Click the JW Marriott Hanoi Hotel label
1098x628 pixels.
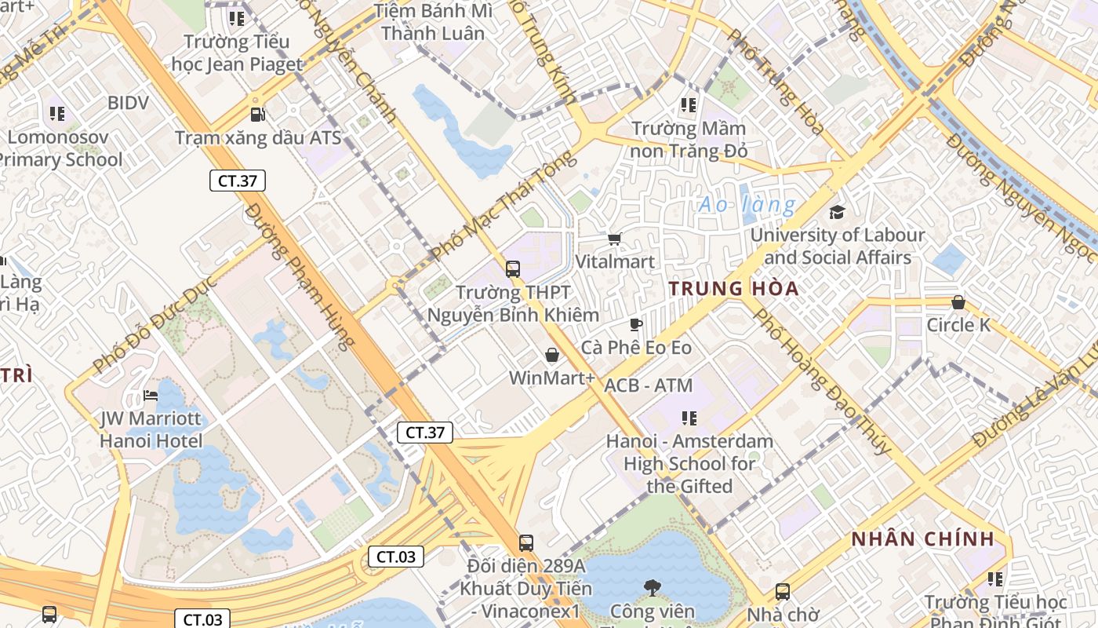click(151, 429)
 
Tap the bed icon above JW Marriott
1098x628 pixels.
click(151, 395)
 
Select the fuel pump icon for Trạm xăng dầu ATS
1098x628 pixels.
click(257, 115)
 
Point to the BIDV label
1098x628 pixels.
click(128, 103)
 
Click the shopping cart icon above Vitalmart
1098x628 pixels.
click(615, 239)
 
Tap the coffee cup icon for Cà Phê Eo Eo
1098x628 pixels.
click(636, 324)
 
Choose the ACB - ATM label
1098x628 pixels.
click(648, 385)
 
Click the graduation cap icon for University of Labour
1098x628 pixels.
click(837, 212)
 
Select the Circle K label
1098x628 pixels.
click(958, 325)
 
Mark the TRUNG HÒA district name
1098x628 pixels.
click(734, 288)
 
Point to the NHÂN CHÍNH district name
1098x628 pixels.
click(922, 539)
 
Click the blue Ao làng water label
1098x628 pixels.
click(747, 205)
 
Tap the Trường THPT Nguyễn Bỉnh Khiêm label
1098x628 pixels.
click(513, 304)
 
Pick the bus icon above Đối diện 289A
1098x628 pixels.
click(525, 542)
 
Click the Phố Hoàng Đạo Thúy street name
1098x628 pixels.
click(822, 382)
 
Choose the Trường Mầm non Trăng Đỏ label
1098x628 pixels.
click(689, 139)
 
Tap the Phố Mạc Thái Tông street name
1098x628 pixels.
click(504, 206)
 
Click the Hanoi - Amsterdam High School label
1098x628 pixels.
click(689, 463)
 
